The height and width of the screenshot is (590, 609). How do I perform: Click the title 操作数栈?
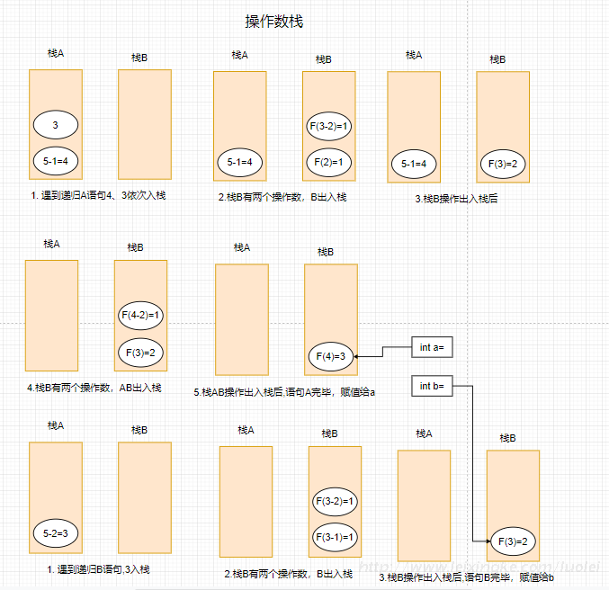coord(280,21)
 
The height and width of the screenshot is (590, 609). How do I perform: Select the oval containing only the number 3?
coord(56,125)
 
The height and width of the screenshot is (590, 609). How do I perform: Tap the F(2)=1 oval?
coord(329,162)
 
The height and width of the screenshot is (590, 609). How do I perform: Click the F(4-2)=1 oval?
coord(141,316)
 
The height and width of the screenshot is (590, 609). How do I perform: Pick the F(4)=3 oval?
coord(329,357)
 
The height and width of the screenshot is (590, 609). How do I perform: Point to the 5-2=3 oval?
coord(56,533)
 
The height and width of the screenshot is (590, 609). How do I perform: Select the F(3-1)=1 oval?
coord(335,537)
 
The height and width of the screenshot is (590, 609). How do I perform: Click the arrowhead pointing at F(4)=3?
coord(356,357)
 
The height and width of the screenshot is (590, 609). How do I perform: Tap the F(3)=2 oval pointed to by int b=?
coord(512,541)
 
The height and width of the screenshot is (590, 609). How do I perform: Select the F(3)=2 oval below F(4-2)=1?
coord(141,352)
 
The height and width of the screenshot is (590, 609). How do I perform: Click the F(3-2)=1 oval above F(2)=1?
coord(329,127)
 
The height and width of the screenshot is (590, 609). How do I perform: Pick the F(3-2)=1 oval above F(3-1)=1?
coord(335,501)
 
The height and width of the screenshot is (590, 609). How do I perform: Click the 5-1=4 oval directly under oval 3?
coord(56,161)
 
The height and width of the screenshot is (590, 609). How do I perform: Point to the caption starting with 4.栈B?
coord(94,388)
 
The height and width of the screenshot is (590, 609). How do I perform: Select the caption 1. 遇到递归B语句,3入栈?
coord(98,569)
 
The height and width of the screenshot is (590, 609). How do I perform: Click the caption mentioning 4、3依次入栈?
coord(97,194)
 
